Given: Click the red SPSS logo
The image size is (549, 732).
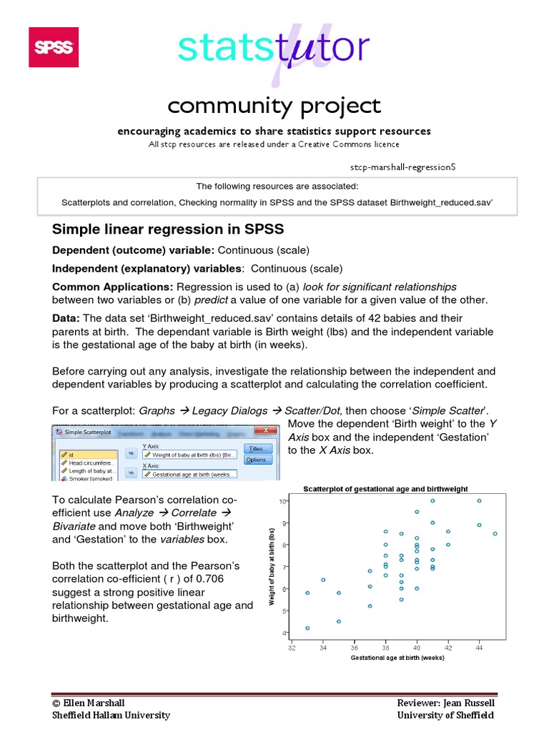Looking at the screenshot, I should tap(53, 47).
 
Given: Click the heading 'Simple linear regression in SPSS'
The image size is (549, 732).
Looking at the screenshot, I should tap(168, 229).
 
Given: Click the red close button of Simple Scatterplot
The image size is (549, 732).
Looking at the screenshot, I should tap(271, 431).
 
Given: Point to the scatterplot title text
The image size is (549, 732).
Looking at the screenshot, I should tap(385, 489).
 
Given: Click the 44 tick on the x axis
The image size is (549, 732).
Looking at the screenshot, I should tap(479, 648).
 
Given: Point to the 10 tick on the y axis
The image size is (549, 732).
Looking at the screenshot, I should tap(282, 501).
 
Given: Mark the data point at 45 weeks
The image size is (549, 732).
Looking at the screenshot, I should tap(495, 533).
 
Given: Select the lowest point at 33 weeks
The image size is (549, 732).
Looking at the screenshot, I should tap(307, 628).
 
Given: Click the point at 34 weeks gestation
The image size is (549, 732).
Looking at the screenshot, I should tap(323, 580).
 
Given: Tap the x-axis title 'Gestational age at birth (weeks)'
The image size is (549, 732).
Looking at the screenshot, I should tap(397, 658).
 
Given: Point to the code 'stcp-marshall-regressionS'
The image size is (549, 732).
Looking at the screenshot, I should tap(402, 166).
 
